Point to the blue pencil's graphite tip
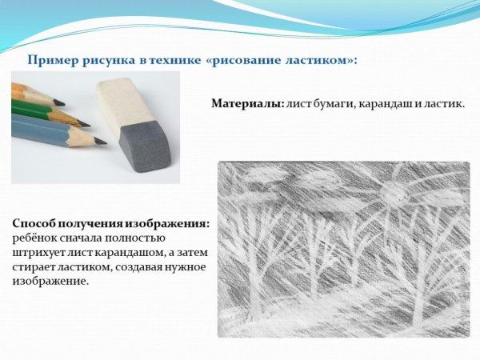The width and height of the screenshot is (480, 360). pos(100,142)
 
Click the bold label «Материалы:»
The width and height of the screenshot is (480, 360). pos(246,104)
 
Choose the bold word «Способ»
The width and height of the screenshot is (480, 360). pos(34,224)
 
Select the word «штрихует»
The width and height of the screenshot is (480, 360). pos(41,252)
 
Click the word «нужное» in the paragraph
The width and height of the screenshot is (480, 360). pos(188,266)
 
